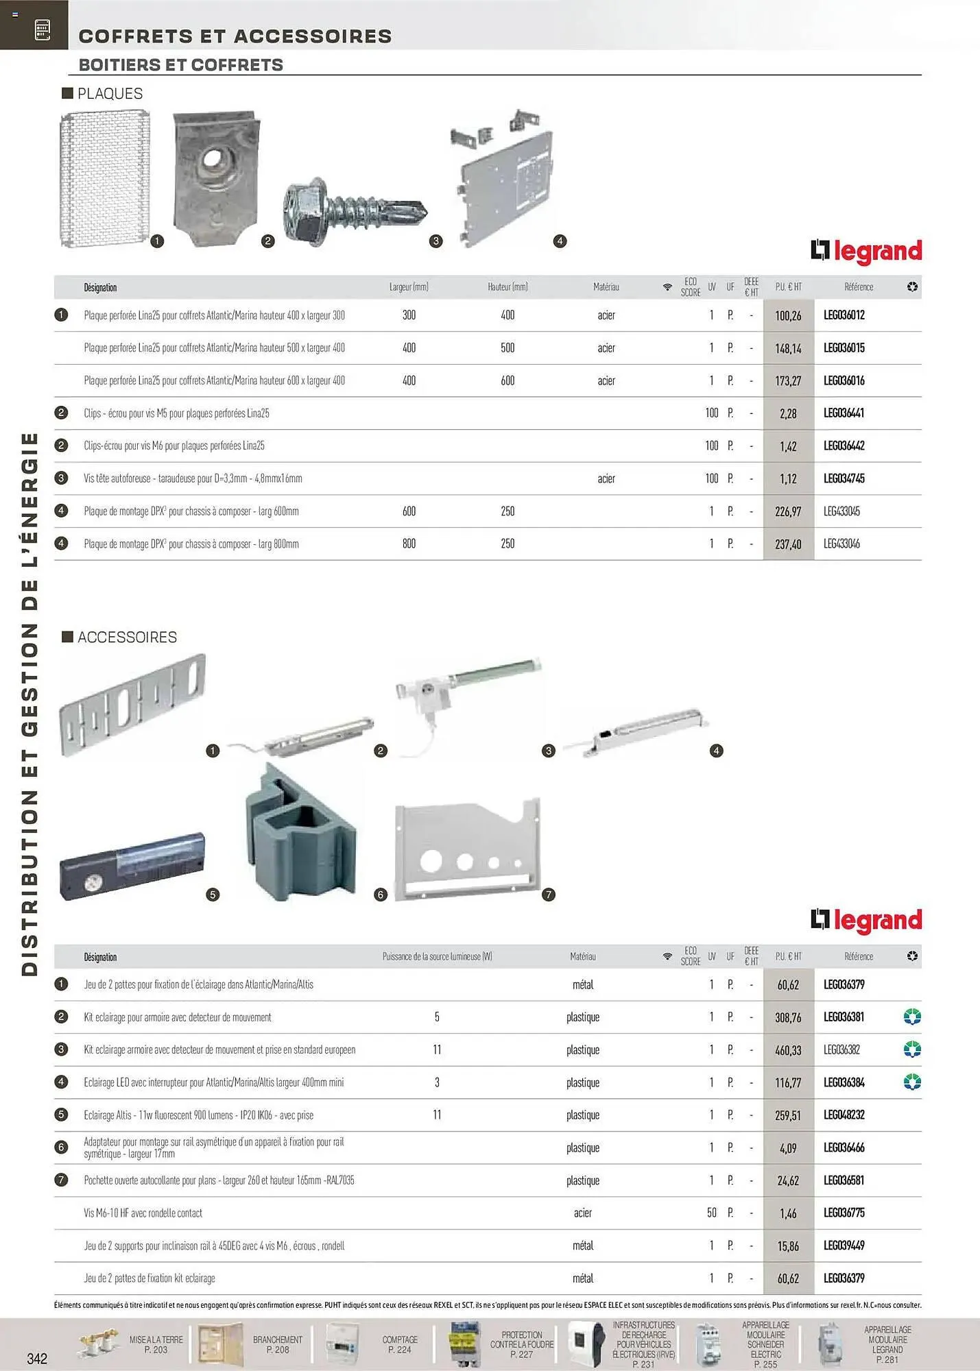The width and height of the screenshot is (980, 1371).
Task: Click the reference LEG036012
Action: (x=844, y=315)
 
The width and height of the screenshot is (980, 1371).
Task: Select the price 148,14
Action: (x=788, y=348)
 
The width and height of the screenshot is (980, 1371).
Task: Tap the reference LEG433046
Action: (x=841, y=544)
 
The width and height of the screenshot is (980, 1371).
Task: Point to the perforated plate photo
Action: (x=104, y=180)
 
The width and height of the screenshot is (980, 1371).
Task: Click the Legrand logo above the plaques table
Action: (x=865, y=252)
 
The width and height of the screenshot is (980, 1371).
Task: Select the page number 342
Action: (x=37, y=1358)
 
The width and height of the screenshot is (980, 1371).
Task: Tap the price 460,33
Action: (x=788, y=1050)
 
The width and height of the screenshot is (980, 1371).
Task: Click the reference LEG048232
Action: (x=844, y=1115)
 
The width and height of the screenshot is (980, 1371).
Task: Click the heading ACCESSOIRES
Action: (x=127, y=637)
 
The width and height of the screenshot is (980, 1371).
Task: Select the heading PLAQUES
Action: (x=110, y=93)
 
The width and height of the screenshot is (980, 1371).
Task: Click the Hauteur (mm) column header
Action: (x=507, y=287)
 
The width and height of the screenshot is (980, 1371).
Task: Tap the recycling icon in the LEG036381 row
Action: (x=911, y=1017)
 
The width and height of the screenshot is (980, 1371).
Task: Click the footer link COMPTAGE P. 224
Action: (x=400, y=1344)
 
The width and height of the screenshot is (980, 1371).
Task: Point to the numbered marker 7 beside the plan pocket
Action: (x=548, y=895)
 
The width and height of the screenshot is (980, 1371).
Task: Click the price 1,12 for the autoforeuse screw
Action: (x=788, y=478)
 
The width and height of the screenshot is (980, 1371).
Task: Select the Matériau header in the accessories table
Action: (x=582, y=956)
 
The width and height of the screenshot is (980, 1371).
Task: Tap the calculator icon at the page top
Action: (x=42, y=29)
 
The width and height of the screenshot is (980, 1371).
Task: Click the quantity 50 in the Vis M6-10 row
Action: (x=712, y=1213)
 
